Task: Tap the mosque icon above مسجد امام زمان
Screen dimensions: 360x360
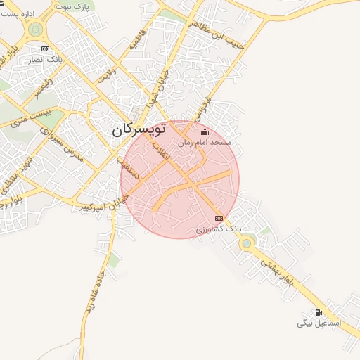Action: click(205, 132)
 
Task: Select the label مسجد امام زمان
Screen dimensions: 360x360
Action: click(204, 142)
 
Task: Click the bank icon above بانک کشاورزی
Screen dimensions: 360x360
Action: click(219, 218)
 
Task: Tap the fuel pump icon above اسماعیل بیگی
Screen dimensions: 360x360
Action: click(319, 312)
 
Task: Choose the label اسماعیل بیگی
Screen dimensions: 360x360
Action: click(319, 323)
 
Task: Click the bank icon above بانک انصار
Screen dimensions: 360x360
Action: click(46, 49)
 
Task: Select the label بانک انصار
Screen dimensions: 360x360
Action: click(45, 59)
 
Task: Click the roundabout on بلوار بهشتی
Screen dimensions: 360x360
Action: click(246, 243)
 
